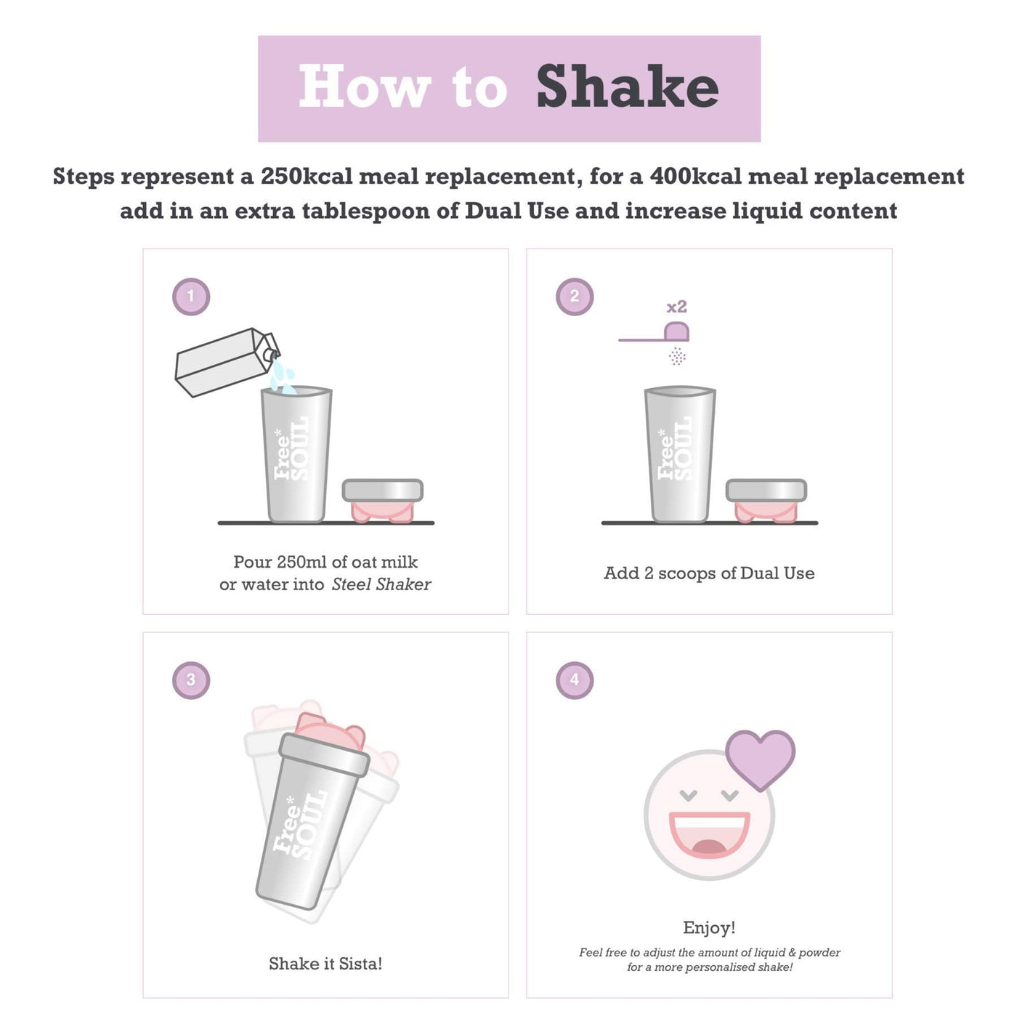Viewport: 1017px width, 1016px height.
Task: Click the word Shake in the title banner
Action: [627, 86]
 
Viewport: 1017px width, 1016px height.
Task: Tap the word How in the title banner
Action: [365, 86]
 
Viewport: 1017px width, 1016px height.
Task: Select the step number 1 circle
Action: [191, 297]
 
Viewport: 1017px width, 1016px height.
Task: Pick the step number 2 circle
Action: [574, 297]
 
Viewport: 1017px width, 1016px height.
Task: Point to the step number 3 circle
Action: [191, 680]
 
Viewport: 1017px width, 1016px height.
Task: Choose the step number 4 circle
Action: [574, 680]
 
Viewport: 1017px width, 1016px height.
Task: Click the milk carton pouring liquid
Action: [227, 362]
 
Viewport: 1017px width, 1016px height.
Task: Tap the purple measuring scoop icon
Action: [655, 333]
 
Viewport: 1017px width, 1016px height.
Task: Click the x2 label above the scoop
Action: [676, 307]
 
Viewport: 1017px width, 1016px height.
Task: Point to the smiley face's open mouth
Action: [709, 834]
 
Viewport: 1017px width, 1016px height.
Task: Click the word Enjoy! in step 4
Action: [709, 927]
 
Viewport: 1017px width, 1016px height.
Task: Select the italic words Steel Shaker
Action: [381, 584]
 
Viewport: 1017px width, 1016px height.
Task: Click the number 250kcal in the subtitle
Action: [306, 176]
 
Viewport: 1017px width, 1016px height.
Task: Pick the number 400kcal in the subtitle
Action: [696, 176]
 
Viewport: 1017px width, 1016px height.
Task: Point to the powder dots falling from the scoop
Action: [677, 356]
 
